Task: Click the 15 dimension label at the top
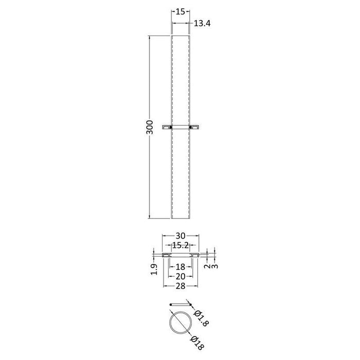point(180,11)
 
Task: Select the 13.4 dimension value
point(202,24)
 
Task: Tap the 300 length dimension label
point(150,127)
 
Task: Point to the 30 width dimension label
point(180,236)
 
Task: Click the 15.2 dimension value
point(181,245)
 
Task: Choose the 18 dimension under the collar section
point(180,267)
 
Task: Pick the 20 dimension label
point(180,277)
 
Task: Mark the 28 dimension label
point(180,286)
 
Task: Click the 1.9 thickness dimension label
point(154,269)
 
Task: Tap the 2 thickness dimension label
point(207,266)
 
